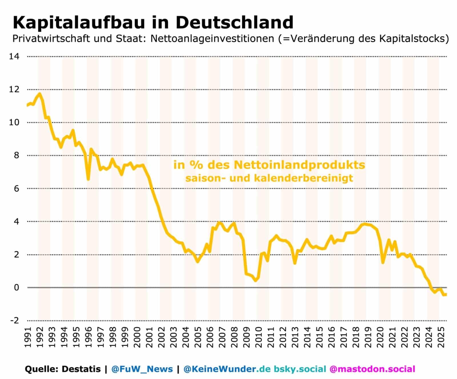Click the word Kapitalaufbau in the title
coord(79,23)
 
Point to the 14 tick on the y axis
coord(14,57)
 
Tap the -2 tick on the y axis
coord(15,320)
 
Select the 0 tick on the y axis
coord(17,287)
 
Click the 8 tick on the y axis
coord(17,155)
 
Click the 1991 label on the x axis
coord(28,337)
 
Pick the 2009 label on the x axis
coord(246,337)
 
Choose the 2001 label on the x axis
coord(149,337)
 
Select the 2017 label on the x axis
coord(344,337)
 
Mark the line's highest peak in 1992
coord(39,94)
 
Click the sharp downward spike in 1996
coord(88,179)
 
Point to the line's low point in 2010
coord(256,280)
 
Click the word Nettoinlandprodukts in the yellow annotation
coord(300,165)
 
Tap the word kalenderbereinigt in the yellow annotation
coord(303,178)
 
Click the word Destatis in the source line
coord(81,369)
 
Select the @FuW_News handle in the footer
coord(142,369)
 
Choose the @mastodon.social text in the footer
coord(372,369)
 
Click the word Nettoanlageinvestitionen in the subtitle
coord(212,39)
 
